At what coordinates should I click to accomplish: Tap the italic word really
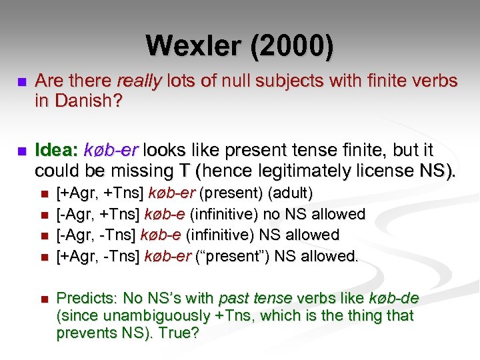pos(138,81)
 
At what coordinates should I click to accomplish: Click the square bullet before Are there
pos(21,82)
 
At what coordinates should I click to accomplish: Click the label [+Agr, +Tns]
pos(99,193)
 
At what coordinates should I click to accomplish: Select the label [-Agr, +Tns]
pos(97,214)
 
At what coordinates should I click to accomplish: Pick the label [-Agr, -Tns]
pos(96,235)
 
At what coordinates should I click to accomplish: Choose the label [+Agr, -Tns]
pos(97,255)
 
